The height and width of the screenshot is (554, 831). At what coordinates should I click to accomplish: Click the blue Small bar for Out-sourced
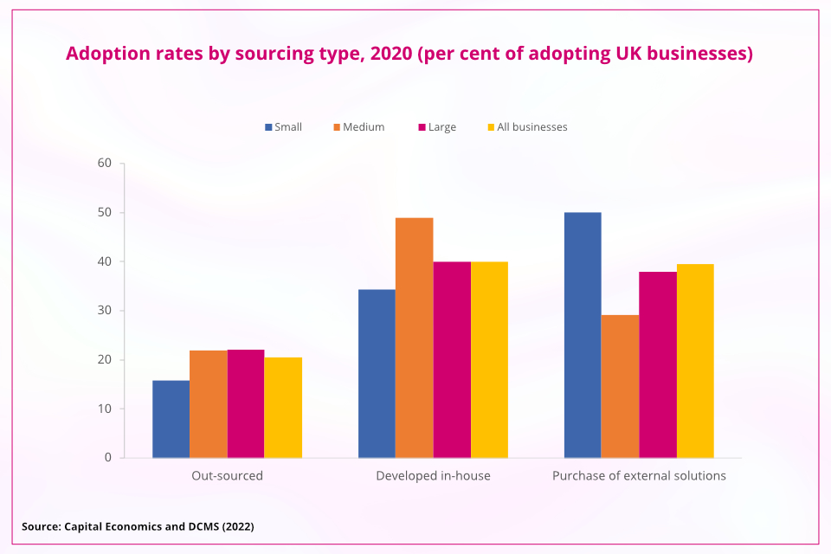pos(171,419)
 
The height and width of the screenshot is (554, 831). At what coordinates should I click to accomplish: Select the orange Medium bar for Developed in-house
pos(414,338)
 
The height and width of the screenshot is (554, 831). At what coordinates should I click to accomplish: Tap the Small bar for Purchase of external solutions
pos(583,335)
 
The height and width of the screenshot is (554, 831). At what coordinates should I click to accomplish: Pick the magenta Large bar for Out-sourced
pos(246,403)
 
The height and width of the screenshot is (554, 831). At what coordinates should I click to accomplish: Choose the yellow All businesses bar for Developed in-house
pos(489,359)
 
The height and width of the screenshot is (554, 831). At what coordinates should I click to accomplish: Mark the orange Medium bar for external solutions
pos(620,386)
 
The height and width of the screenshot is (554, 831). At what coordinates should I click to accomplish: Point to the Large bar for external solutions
pos(658,364)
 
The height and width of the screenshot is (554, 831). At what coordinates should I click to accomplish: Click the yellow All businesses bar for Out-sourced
pos(283,407)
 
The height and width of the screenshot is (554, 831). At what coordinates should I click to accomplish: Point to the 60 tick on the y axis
pos(105,163)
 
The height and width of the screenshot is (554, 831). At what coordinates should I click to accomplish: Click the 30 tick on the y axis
pos(105,310)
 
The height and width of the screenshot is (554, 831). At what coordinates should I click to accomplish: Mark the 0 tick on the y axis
pos(108,457)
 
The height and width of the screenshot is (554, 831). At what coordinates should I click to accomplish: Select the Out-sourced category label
pos(227,476)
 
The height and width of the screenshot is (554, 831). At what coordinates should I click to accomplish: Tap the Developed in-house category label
pos(433,476)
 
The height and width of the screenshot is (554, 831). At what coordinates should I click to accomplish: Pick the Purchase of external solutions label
pos(639,476)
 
